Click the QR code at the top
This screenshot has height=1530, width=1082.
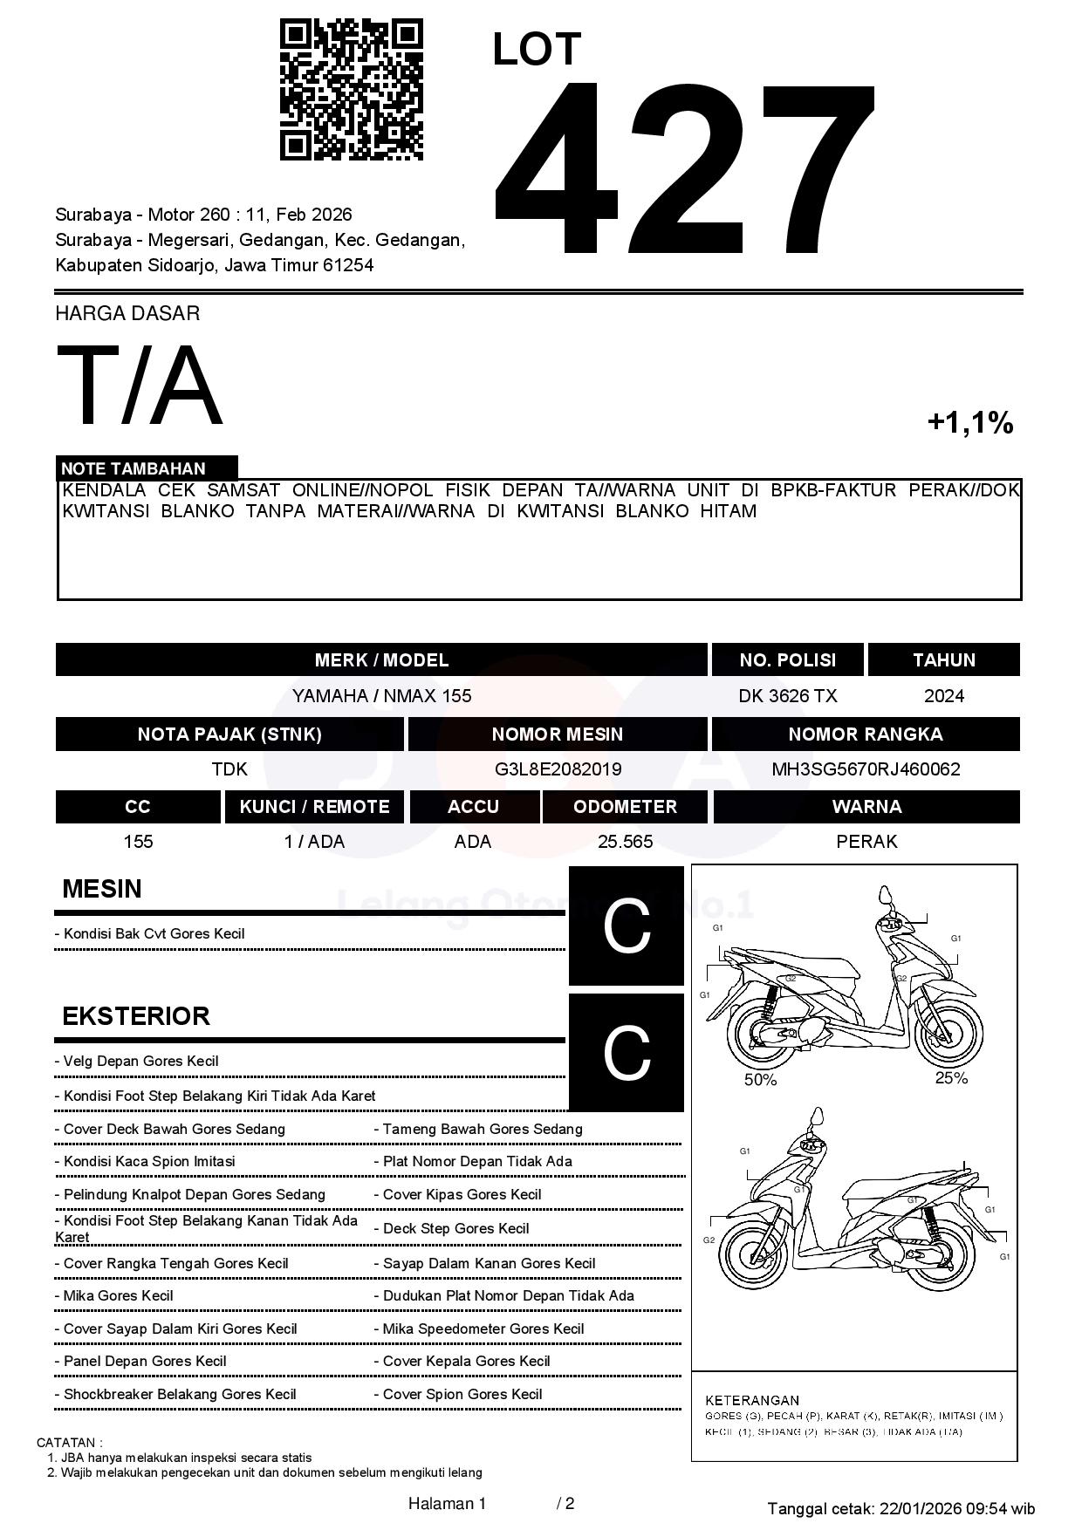coord(351,90)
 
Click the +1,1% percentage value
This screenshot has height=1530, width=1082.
coord(969,423)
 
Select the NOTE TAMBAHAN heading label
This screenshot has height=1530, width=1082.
coord(134,468)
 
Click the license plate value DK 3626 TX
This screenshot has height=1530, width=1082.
coord(787,695)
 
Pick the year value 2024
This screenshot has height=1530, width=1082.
coord(944,695)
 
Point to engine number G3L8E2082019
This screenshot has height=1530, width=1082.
coord(558,768)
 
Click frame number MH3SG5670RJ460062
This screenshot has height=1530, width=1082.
coord(866,768)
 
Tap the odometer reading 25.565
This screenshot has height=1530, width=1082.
coord(625,841)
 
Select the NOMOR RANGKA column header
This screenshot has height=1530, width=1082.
coord(866,734)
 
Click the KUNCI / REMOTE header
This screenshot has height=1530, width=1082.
coord(314,806)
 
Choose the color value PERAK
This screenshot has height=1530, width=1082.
coord(866,841)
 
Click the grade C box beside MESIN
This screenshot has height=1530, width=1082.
coord(627,926)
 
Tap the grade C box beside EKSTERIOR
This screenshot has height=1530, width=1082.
coord(627,1052)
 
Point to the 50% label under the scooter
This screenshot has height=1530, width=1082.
coord(760,1080)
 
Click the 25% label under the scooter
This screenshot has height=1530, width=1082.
coord(951,1078)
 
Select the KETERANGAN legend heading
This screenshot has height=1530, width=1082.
coord(752,1400)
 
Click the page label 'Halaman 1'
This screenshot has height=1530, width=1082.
coord(447,1503)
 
